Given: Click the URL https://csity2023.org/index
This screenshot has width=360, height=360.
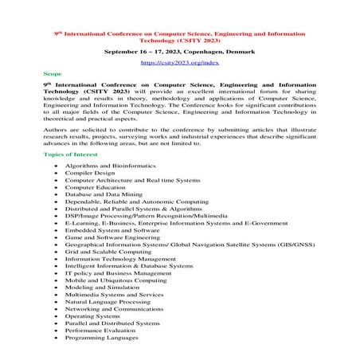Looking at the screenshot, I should (179, 61).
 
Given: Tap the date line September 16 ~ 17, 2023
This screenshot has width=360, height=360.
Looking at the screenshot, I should (179, 50).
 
